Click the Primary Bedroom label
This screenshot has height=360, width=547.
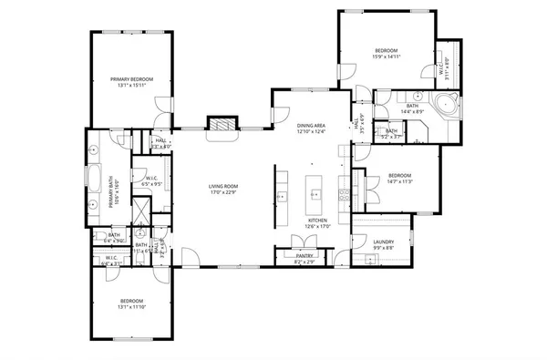pyautogui.click(x=132, y=79)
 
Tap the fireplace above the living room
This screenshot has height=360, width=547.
pyautogui.click(x=221, y=125)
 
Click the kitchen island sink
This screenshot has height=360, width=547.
pyautogui.click(x=315, y=193)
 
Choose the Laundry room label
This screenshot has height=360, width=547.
pyautogui.click(x=383, y=242)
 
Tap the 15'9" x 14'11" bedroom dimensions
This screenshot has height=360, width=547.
pyautogui.click(x=387, y=57)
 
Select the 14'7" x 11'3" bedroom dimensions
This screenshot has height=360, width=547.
pyautogui.click(x=400, y=181)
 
